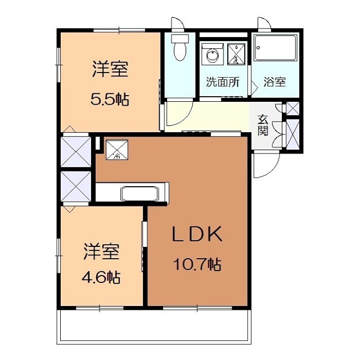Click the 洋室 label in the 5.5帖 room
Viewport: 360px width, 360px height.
coord(110,70)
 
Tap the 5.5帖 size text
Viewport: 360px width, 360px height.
coord(110,100)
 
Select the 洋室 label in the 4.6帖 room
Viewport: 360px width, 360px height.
coord(102,251)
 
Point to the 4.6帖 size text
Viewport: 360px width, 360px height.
coord(102,277)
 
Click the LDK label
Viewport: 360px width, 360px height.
coord(197,235)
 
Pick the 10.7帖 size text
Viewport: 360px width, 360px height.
coord(197,264)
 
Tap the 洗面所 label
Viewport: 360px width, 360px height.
coord(222,82)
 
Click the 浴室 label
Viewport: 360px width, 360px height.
coord(274,82)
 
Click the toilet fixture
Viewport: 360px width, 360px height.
coord(180,48)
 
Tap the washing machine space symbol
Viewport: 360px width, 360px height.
coord(237,53)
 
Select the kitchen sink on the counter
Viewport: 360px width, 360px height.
coord(141,193)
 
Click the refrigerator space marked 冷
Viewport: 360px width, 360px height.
coord(118,148)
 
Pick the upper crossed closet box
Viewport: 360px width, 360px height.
coord(75,150)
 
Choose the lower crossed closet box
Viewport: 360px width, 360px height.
coord(75,186)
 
